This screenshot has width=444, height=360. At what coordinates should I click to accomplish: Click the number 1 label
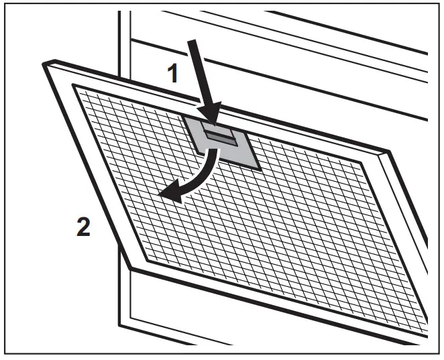coord(173,72)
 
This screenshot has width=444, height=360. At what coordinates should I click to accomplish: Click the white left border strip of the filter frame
coord(98,174)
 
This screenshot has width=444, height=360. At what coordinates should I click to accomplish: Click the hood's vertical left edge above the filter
coord(121,40)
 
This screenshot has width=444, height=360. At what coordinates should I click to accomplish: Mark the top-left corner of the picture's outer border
coord(7,7)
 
